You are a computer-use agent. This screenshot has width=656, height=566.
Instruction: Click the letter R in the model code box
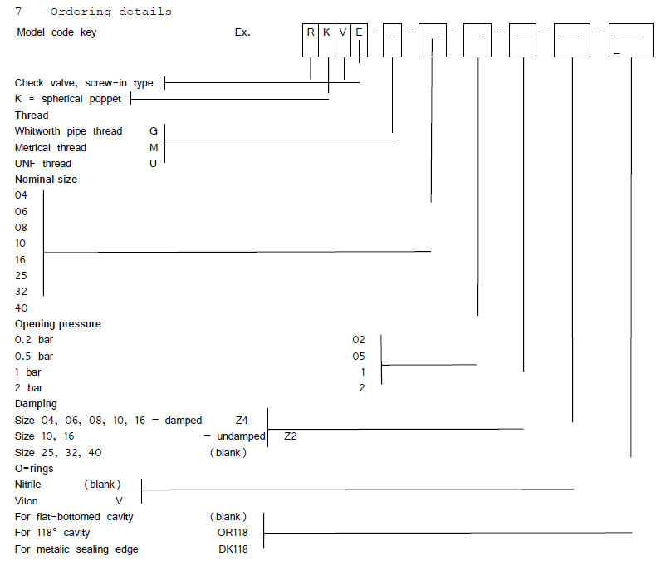click(x=311, y=32)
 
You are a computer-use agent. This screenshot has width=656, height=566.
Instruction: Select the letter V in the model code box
click(x=343, y=32)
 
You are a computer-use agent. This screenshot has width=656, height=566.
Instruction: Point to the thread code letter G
click(x=153, y=131)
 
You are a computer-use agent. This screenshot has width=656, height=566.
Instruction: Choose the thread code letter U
click(x=153, y=164)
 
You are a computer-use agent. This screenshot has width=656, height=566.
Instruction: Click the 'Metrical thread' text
click(x=51, y=148)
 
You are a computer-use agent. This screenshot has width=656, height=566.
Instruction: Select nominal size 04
click(x=21, y=195)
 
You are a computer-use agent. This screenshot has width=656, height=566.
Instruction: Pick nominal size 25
click(x=21, y=275)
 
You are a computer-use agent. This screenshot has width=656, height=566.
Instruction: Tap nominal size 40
click(x=21, y=308)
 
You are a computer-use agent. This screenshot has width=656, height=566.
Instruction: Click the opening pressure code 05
click(x=358, y=357)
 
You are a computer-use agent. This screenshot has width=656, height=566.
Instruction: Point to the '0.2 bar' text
click(x=34, y=340)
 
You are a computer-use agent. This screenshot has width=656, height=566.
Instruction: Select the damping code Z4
click(x=242, y=421)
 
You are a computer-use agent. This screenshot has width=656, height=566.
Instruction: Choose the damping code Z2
click(x=291, y=436)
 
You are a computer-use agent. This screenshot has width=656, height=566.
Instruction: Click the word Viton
click(x=27, y=501)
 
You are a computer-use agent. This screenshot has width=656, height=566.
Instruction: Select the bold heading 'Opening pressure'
click(x=58, y=324)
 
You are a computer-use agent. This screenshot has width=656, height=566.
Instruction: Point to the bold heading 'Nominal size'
click(x=47, y=180)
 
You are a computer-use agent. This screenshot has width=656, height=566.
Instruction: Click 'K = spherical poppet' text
click(x=68, y=100)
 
